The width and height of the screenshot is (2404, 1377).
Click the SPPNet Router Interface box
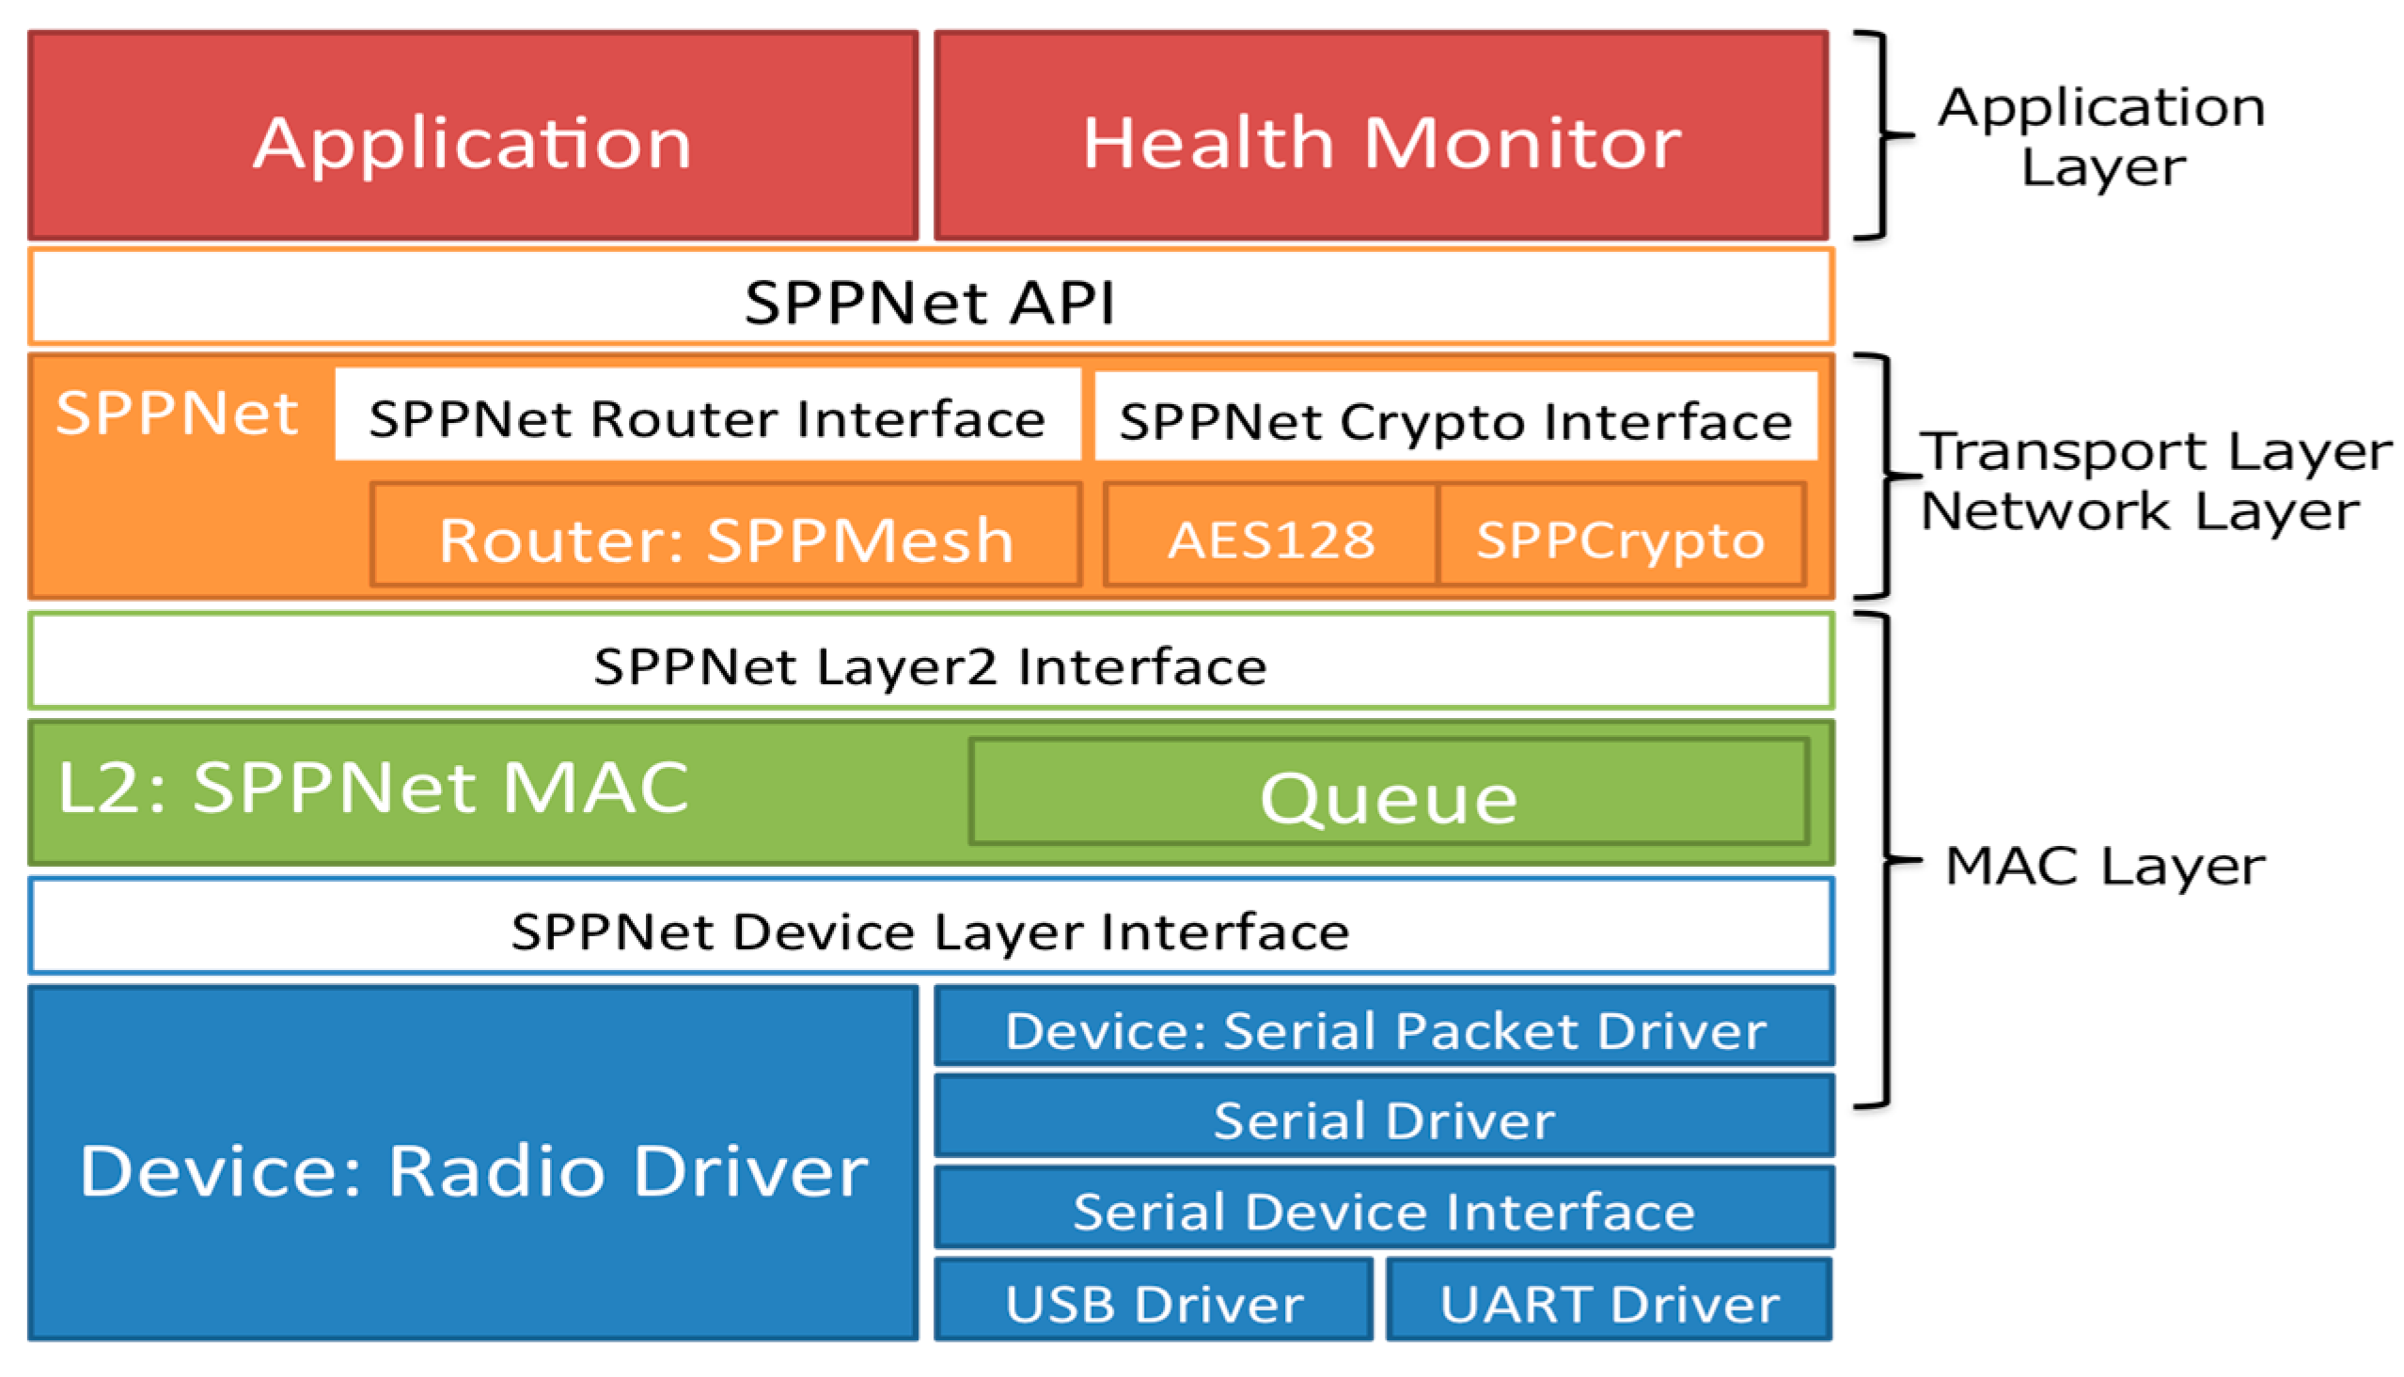pos(707,416)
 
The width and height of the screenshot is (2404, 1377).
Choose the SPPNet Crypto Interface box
pos(1456,418)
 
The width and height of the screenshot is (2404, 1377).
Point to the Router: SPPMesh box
pos(727,538)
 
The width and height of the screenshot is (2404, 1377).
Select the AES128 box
pos(1271,538)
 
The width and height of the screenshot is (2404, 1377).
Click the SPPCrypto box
pos(1621,538)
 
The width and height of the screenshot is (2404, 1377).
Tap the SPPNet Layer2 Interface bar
pos(931,663)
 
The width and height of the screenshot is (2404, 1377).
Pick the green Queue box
pos(1389,794)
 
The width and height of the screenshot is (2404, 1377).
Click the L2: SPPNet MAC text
pos(373,787)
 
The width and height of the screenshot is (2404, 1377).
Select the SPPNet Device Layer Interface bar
pos(931,929)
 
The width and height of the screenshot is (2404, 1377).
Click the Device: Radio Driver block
pos(473,1168)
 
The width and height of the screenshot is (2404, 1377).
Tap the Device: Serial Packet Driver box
pos(1385,1028)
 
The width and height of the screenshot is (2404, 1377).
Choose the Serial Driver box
pos(1385,1118)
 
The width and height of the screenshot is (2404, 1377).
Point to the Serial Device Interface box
pos(1385,1209)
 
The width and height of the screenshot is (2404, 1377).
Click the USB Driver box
pos(1154,1302)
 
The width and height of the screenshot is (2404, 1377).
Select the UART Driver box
pos(1610,1302)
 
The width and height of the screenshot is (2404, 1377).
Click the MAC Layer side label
pos(2105,865)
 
